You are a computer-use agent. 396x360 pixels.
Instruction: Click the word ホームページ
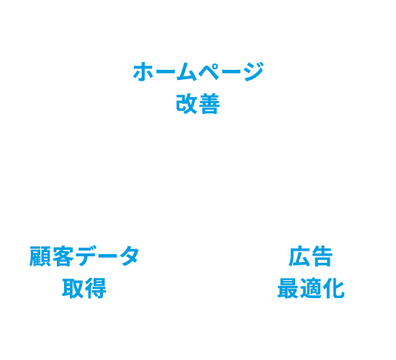pos(198,73)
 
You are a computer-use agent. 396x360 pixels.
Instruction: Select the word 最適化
pos(310,289)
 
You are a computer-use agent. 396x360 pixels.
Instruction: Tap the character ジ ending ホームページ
pos(252,73)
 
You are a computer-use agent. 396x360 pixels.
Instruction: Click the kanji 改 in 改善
pos(186,105)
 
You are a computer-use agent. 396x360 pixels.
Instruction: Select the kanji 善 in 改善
pos(209,105)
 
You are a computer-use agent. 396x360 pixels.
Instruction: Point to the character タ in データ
pos(127,257)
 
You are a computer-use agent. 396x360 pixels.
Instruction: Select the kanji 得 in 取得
pos(95,289)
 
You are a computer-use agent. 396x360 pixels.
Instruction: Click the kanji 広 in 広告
pos(300,257)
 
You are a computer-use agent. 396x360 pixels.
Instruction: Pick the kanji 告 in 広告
pos(322,257)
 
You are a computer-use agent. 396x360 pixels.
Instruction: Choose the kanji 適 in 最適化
pos(310,289)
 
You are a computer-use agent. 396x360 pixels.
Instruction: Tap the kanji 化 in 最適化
pos(333,289)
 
